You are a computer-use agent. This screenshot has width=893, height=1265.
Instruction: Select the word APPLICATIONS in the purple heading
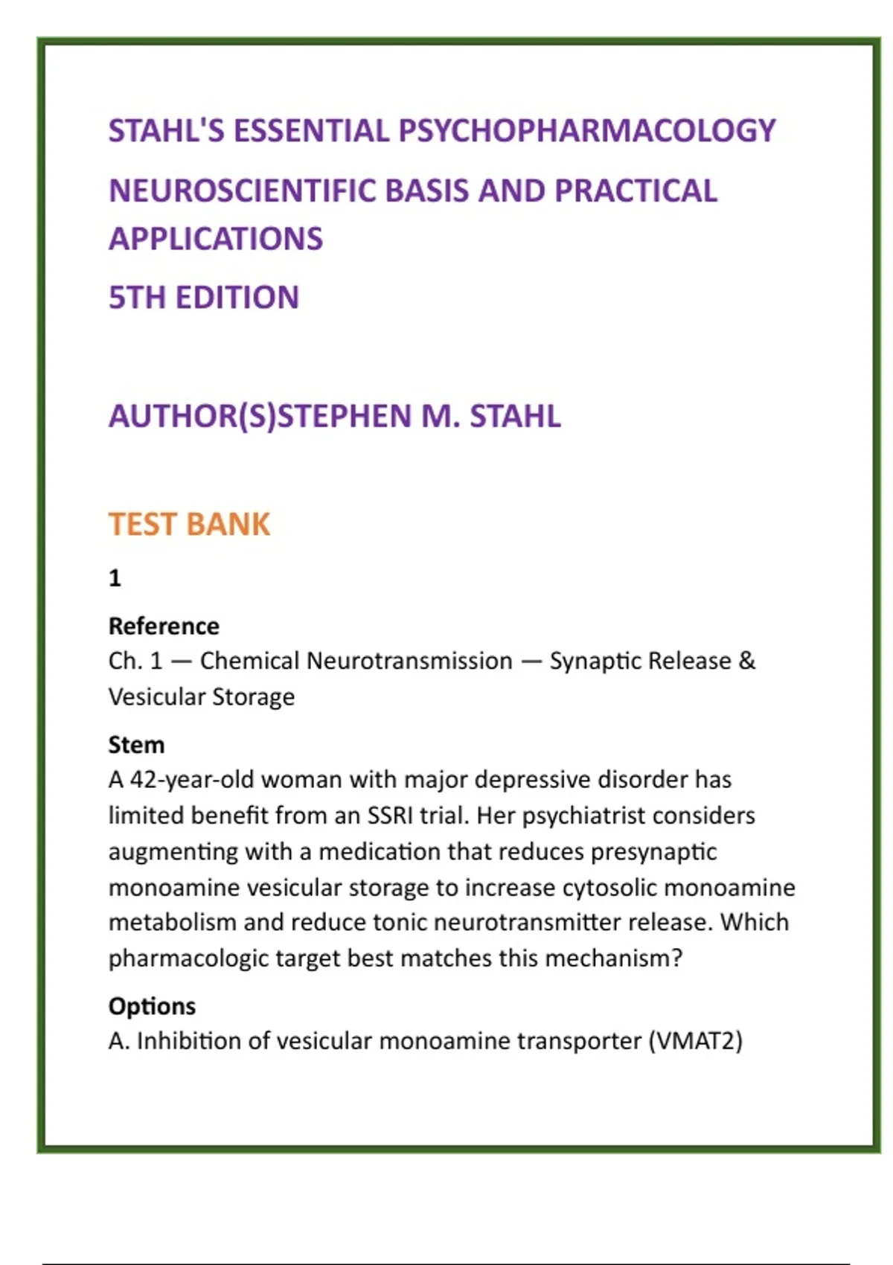click(216, 239)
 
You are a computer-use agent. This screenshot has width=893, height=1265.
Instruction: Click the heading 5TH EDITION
click(204, 298)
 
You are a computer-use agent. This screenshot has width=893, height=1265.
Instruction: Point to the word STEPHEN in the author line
click(343, 416)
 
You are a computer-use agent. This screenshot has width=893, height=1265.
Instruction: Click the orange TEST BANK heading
click(189, 525)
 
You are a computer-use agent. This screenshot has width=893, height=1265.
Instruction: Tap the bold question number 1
click(115, 578)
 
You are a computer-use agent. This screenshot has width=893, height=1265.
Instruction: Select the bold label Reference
click(164, 627)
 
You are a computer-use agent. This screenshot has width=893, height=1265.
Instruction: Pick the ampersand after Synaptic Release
click(746, 661)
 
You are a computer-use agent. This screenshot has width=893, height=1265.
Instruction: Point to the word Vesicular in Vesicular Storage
click(156, 697)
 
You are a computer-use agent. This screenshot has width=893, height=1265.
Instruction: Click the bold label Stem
click(136, 745)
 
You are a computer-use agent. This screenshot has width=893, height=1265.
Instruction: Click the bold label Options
click(152, 1006)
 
